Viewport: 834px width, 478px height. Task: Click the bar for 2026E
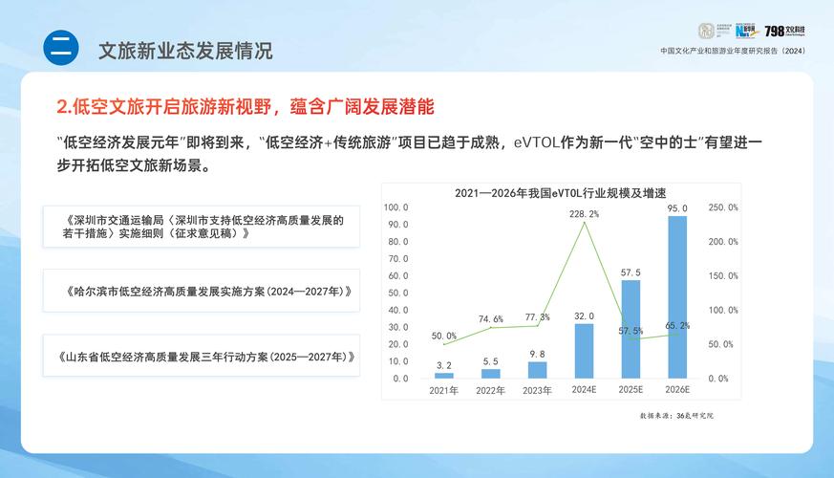point(677,297)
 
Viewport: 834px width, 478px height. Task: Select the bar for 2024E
point(584,351)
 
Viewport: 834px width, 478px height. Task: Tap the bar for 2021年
point(444,375)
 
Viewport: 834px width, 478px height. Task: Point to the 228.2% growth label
point(584,214)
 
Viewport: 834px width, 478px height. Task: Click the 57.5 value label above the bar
point(631,272)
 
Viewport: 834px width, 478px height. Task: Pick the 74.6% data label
point(490,318)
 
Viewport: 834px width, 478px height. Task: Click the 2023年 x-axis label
point(537,390)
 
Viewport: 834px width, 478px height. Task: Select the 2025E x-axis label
point(631,390)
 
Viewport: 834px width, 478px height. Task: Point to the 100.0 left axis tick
point(396,207)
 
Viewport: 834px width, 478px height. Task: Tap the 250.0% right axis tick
point(723,207)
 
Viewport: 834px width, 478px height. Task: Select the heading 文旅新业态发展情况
point(185,51)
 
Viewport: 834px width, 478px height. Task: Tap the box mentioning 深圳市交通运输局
point(201,227)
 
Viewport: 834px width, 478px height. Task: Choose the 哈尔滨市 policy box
point(201,291)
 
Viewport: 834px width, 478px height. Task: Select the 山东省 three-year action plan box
point(201,357)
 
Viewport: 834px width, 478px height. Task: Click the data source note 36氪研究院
point(677,416)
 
